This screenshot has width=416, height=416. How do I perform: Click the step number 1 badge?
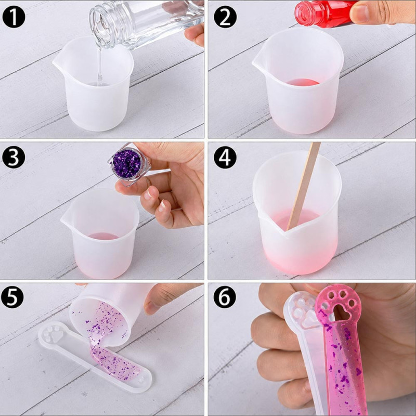coord(14,17)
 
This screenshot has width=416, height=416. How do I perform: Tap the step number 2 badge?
coord(225,17)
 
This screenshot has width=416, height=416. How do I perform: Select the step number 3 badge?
coord(14,157)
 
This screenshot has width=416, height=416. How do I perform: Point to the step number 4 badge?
coord(225,158)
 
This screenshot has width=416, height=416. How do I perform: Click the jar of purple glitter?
coord(129,164)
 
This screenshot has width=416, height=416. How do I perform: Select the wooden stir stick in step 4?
coord(304,186)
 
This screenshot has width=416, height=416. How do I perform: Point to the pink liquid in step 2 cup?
coord(302,82)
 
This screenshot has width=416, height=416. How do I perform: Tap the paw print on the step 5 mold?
coord(53,333)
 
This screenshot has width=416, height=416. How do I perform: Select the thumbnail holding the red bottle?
coord(360,14)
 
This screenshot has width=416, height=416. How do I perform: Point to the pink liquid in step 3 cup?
coord(103,236)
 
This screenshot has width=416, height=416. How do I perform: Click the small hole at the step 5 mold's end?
coord(141,380)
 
